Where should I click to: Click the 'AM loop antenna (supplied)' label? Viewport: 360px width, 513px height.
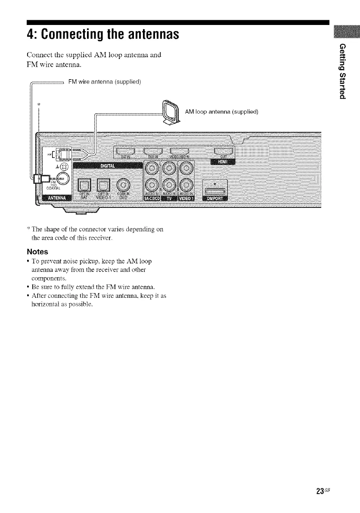pos(221,112)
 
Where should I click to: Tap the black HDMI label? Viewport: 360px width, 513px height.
pos(223,162)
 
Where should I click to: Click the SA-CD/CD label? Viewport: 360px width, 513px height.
pos(153,198)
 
